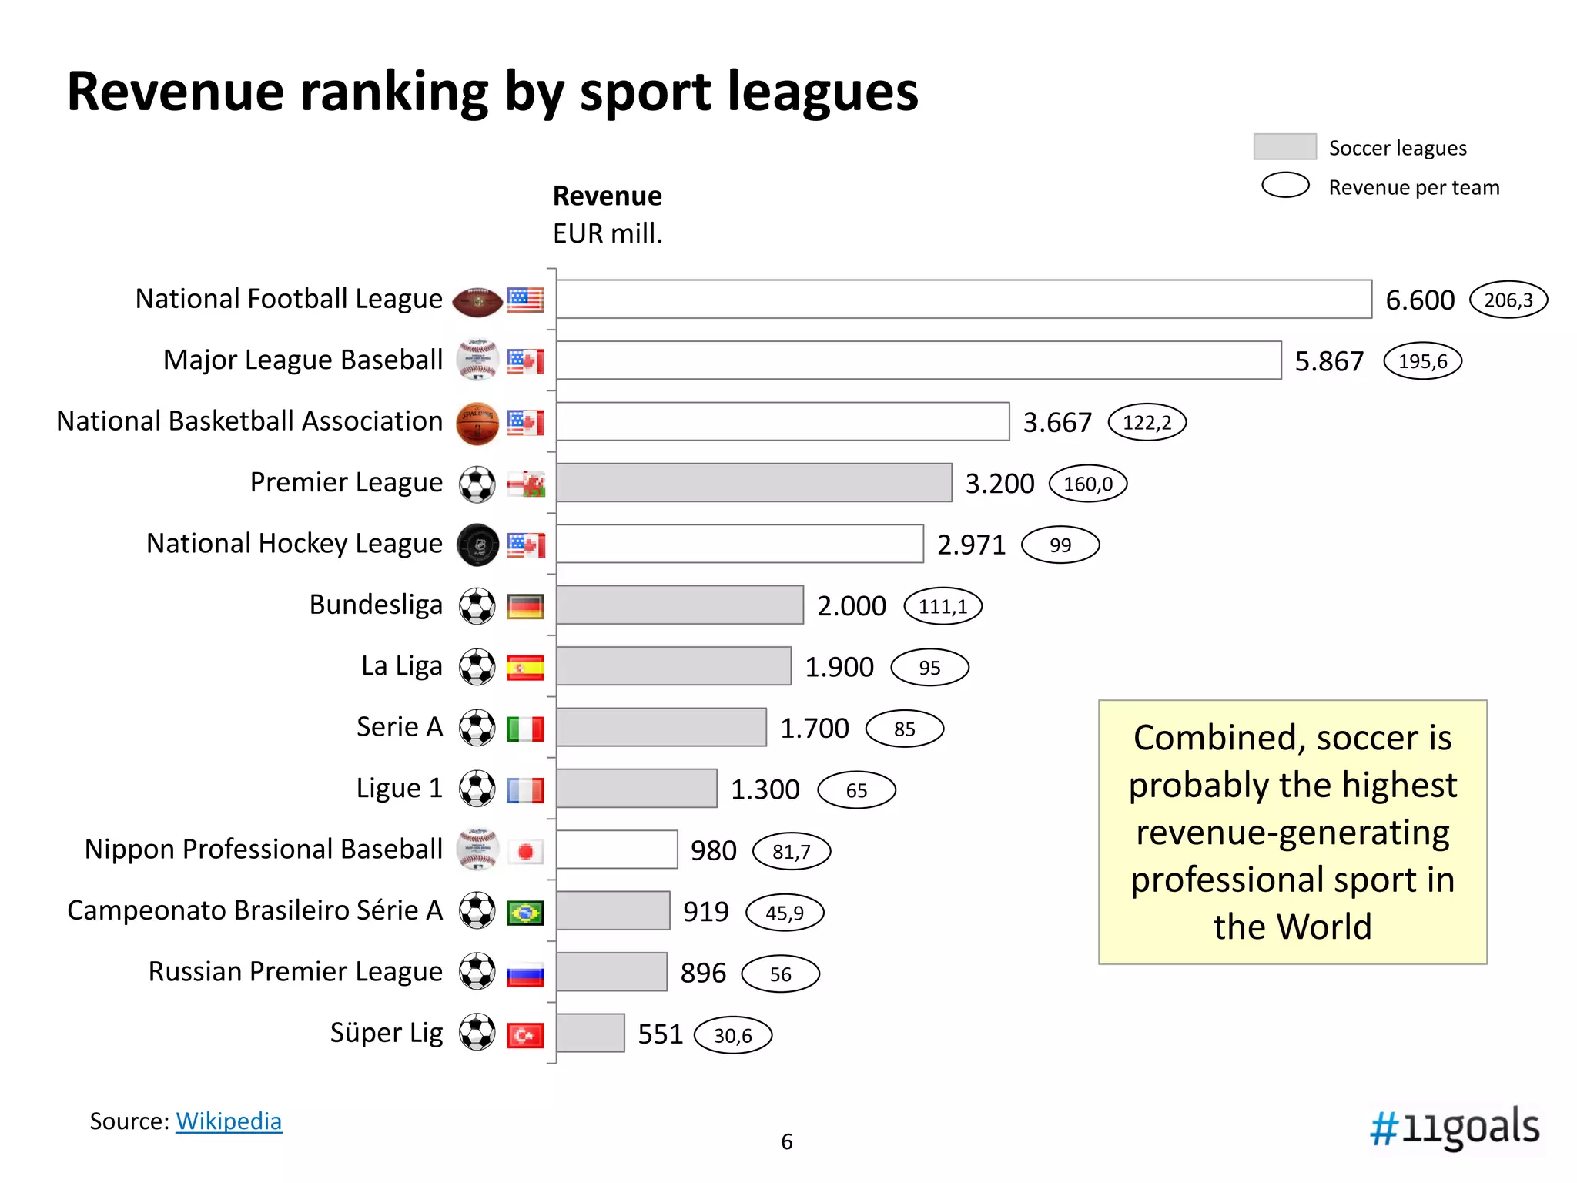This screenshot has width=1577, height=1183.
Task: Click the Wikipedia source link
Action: coord(229,1121)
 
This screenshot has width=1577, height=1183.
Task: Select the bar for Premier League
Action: coord(754,483)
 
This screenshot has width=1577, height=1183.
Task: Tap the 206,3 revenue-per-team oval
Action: coord(1508,300)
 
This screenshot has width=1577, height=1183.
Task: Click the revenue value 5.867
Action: coord(1328,361)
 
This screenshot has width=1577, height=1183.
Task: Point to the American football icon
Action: coord(477,301)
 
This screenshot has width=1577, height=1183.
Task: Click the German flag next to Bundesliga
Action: coord(525,606)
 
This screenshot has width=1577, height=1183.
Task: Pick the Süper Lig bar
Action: coord(591,1033)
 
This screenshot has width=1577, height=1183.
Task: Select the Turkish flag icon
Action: coord(525,1034)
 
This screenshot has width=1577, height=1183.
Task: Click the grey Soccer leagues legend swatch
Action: coord(1284,146)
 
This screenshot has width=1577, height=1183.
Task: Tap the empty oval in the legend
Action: coord(1284,186)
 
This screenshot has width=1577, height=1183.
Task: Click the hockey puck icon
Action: coord(477,545)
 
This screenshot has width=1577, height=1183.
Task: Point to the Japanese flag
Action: coord(525,851)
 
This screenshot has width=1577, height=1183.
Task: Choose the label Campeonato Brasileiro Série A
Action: coord(255,910)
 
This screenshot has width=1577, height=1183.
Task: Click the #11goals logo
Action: coord(1454,1128)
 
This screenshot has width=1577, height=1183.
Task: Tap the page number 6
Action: coord(786,1141)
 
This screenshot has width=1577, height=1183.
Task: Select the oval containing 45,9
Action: coord(784,913)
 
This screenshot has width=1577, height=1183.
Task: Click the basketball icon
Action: coord(477,423)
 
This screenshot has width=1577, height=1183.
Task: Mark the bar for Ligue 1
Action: coord(636,788)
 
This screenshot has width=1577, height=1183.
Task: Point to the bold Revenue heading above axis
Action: coord(607,196)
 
